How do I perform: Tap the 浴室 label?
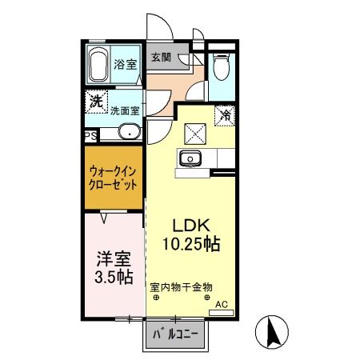(124, 65)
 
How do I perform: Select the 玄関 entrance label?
(160, 58)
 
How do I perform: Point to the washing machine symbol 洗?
(96, 102)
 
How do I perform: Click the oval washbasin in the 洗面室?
(128, 133)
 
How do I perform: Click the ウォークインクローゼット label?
(113, 178)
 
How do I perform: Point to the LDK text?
(191, 225)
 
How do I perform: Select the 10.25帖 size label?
(192, 243)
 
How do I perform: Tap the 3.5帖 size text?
(112, 278)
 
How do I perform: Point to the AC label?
(225, 303)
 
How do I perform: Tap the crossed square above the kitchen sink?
(194, 132)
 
